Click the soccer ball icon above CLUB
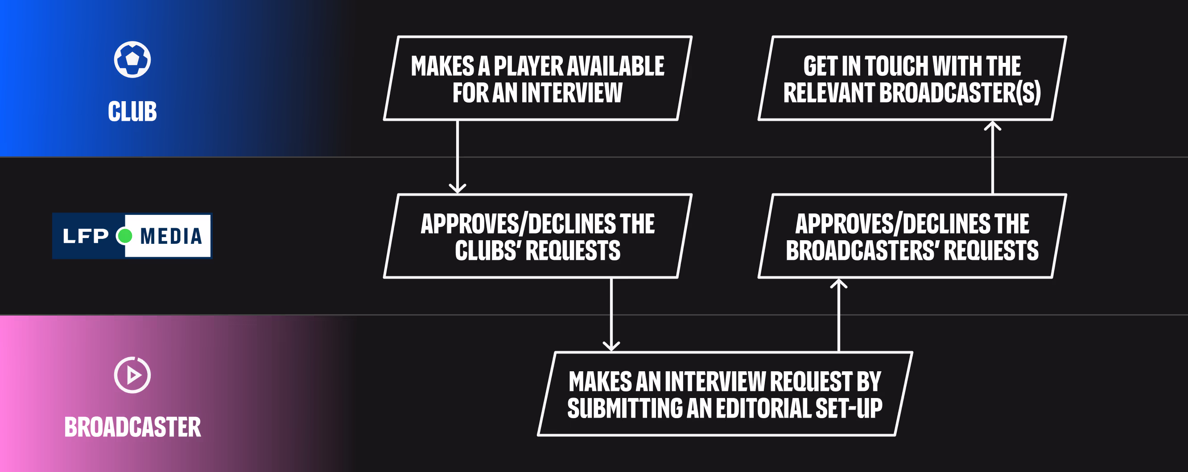[x=132, y=59]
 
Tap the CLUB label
[x=132, y=111]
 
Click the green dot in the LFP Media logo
[x=124, y=236]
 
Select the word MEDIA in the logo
[x=171, y=236]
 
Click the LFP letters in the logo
[x=85, y=236]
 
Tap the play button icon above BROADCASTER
[x=132, y=375]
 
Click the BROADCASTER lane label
[x=133, y=427]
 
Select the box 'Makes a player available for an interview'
[x=538, y=78]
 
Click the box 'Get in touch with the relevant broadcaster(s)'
[x=912, y=78]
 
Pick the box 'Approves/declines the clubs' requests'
[x=538, y=236]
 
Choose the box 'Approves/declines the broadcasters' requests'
[x=912, y=236]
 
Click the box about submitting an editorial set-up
[x=725, y=394]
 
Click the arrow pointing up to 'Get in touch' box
[x=993, y=157]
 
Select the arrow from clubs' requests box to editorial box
[x=611, y=315]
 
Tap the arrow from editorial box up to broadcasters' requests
[x=839, y=315]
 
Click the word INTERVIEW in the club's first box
[x=572, y=92]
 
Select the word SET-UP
[x=849, y=408]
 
